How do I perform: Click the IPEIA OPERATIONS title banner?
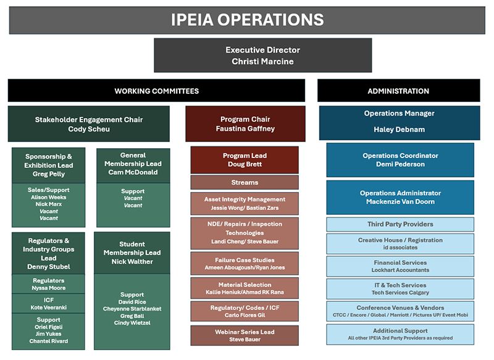(x=246, y=19)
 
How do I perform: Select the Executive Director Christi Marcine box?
(x=262, y=56)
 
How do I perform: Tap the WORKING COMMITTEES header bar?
(x=156, y=91)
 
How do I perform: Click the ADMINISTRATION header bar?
(x=398, y=91)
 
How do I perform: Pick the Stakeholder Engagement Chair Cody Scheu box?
(x=88, y=124)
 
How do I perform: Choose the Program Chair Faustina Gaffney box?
(x=245, y=124)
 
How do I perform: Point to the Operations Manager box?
(x=399, y=122)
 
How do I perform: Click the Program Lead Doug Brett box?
(x=245, y=160)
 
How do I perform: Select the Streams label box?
(x=245, y=183)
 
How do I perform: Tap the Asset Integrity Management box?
(x=245, y=204)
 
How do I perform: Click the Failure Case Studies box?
(x=245, y=264)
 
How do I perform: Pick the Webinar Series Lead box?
(x=245, y=335)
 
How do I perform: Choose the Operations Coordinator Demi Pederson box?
(x=400, y=160)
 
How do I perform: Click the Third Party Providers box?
(x=400, y=224)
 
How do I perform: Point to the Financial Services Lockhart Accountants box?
(x=400, y=266)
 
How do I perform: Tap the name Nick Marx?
(x=49, y=204)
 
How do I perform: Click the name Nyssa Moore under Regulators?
(x=49, y=288)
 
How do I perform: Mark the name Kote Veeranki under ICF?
(x=49, y=307)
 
